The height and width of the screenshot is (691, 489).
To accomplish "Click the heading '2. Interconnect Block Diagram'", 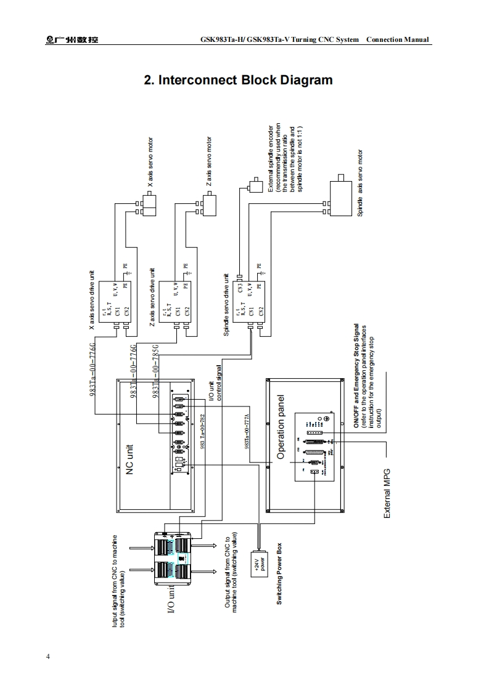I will click(x=238, y=81).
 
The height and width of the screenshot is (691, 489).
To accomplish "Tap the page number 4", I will click(x=48, y=656).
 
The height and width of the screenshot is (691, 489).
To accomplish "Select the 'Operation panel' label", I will click(x=281, y=427).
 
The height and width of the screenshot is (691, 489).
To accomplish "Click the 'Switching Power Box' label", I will click(x=279, y=573).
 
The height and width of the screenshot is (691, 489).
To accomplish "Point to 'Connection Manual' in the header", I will click(x=397, y=40).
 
